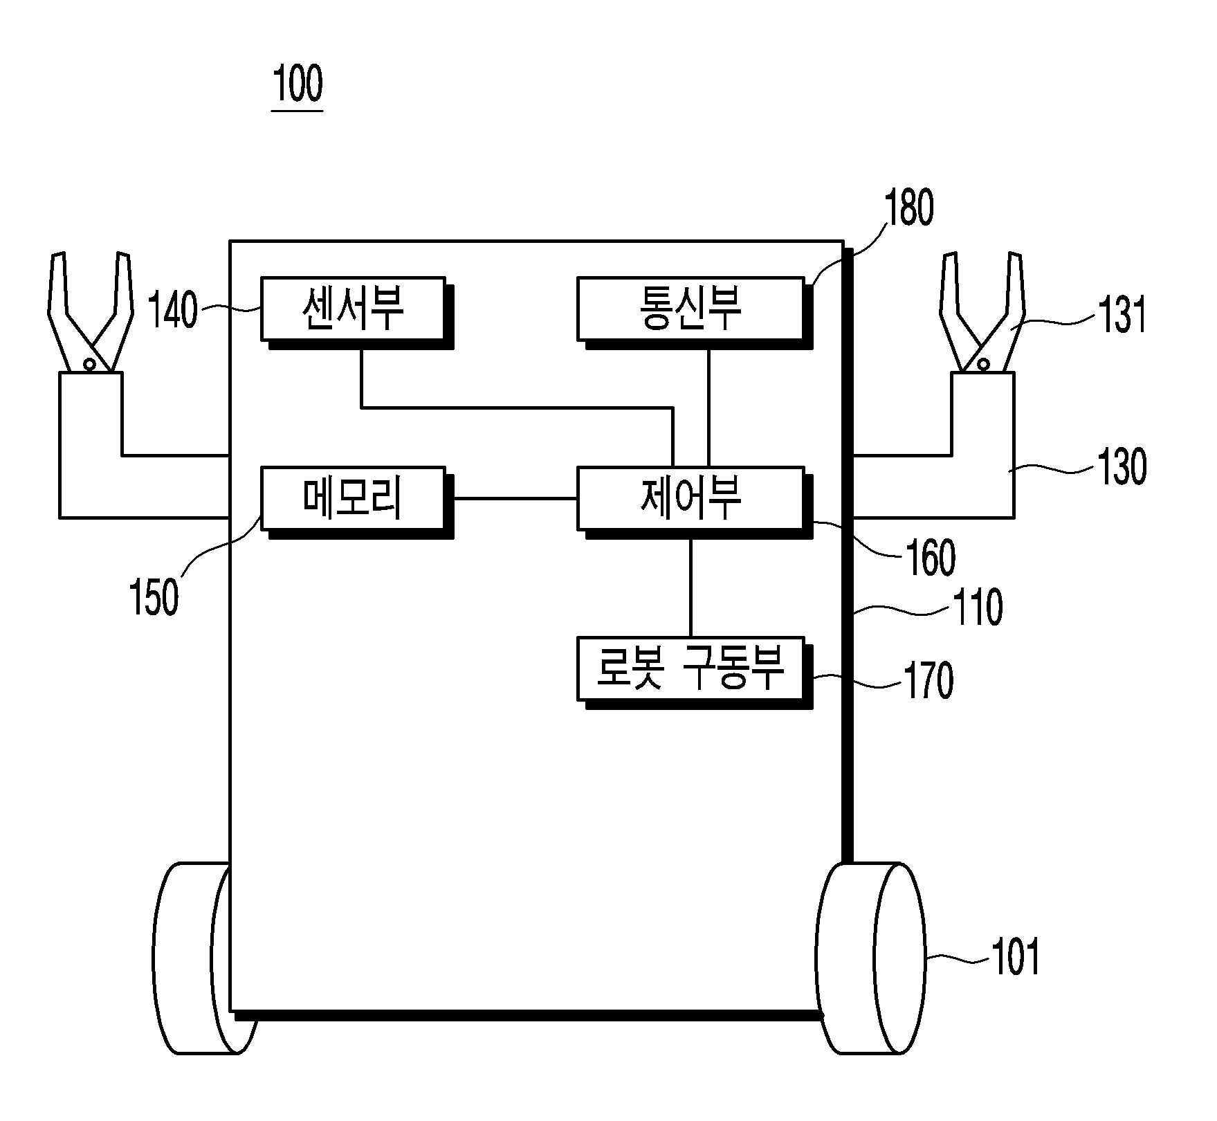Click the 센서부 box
coord(352,309)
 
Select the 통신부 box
coord(690,309)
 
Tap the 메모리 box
coord(352,498)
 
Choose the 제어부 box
coord(690,498)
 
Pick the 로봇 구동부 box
coord(690,668)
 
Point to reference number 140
coord(173,311)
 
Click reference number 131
coord(1122,315)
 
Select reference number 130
coord(1122,466)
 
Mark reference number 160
coord(931,558)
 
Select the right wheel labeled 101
coord(872,958)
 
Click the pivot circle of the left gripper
coord(89,364)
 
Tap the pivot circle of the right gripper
coord(982,364)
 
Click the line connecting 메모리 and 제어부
coord(514,498)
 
